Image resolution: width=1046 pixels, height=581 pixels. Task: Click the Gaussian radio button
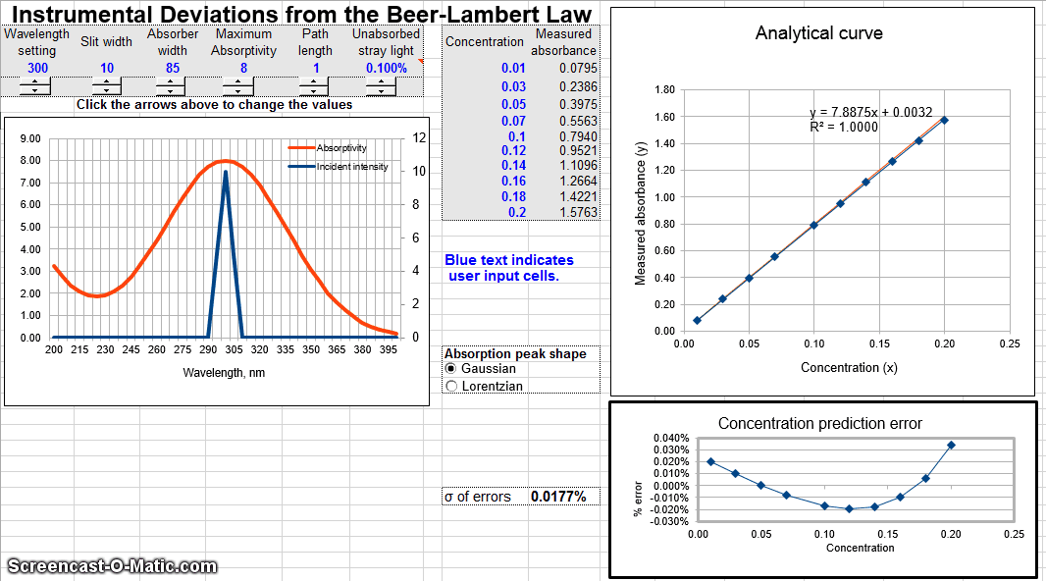pos(451,369)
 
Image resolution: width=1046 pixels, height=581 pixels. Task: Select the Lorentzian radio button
pos(451,387)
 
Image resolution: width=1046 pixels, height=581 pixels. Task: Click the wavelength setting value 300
pos(37,68)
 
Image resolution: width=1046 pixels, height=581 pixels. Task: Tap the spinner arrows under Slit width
pos(106,85)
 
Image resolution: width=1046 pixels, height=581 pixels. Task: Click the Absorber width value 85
pos(173,68)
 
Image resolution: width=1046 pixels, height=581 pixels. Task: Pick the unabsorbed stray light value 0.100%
pos(386,68)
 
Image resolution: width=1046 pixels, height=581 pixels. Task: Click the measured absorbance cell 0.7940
pos(577,136)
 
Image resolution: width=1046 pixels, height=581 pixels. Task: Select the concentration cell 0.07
pos(514,122)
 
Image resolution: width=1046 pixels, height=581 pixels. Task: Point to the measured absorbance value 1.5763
pos(577,212)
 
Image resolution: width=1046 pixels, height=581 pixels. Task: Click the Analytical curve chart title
pos(818,33)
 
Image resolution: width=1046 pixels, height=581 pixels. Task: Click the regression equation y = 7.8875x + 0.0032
pos(870,112)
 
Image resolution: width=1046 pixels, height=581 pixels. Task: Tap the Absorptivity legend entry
pos(341,148)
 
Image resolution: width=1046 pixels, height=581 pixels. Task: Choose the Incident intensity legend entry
pos(351,167)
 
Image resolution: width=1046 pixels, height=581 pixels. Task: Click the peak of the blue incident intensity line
pos(226,173)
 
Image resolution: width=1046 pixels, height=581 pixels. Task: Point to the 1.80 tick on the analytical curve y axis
pos(663,89)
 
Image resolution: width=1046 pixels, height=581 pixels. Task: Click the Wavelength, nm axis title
pos(224,373)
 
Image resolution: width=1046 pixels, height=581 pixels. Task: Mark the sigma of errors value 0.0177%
pos(558,497)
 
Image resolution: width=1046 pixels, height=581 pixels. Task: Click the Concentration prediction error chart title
pos(820,424)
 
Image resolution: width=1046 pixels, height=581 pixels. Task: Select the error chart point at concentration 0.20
pos(951,445)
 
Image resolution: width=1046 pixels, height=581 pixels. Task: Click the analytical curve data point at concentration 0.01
pos(697,320)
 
